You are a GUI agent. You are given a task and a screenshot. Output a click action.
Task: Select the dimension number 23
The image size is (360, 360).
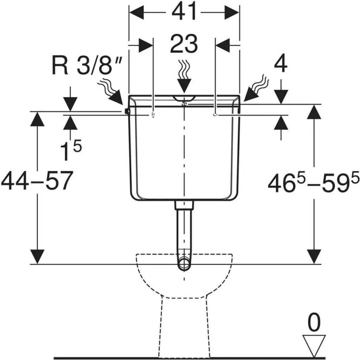(x=184, y=44)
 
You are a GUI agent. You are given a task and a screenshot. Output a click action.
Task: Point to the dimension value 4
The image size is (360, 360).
(x=281, y=64)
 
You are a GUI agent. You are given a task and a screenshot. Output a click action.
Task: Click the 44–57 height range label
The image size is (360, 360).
(x=37, y=181)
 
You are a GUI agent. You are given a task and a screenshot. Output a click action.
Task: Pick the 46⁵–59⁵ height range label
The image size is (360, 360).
(x=313, y=182)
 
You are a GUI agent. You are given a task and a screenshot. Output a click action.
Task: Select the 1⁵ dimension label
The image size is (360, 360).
(x=71, y=150)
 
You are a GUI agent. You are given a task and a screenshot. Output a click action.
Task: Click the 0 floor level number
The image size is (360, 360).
(x=314, y=323)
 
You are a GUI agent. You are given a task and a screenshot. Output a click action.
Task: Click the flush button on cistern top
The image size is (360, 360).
(x=184, y=98)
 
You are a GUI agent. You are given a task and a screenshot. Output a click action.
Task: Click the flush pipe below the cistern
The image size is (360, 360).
(x=184, y=232)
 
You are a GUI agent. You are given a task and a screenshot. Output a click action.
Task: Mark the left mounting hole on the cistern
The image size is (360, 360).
(x=153, y=114)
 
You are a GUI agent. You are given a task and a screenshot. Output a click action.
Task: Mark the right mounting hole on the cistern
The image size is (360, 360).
(x=215, y=114)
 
